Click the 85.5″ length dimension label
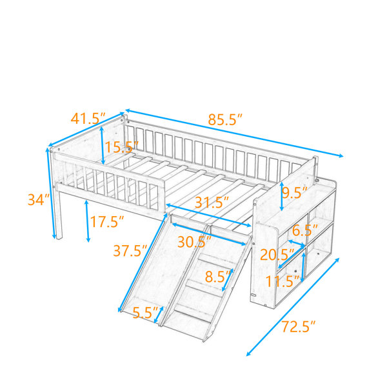225,120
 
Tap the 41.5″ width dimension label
88,119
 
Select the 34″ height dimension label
39,200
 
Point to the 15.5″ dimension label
122,147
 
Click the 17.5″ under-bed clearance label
107,222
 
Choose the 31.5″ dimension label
212,203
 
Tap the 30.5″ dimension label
195,242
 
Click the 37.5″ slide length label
130,251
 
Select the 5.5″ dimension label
145,312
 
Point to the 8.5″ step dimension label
219,277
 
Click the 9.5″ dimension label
295,193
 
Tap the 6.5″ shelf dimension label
305,230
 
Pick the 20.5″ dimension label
277,255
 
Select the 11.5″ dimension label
283,281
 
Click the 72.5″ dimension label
299,326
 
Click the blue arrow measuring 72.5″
293,307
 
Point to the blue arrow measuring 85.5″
234,133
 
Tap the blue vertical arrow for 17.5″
87,221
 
